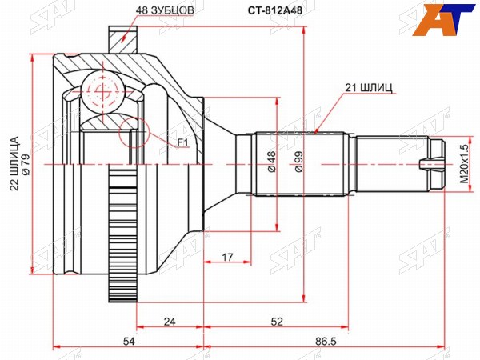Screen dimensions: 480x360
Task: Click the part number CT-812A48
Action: click(274, 10)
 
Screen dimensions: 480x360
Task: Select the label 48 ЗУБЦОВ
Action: click(165, 10)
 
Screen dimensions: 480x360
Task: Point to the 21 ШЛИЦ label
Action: click(369, 88)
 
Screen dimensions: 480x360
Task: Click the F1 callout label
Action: click(182, 142)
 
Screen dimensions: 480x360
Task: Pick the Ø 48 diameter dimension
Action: click(271, 162)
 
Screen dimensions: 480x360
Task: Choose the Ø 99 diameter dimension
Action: click(298, 162)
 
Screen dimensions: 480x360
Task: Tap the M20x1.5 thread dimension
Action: click(464, 164)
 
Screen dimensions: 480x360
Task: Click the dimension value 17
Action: click(227, 257)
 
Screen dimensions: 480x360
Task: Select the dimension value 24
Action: click(170, 322)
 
